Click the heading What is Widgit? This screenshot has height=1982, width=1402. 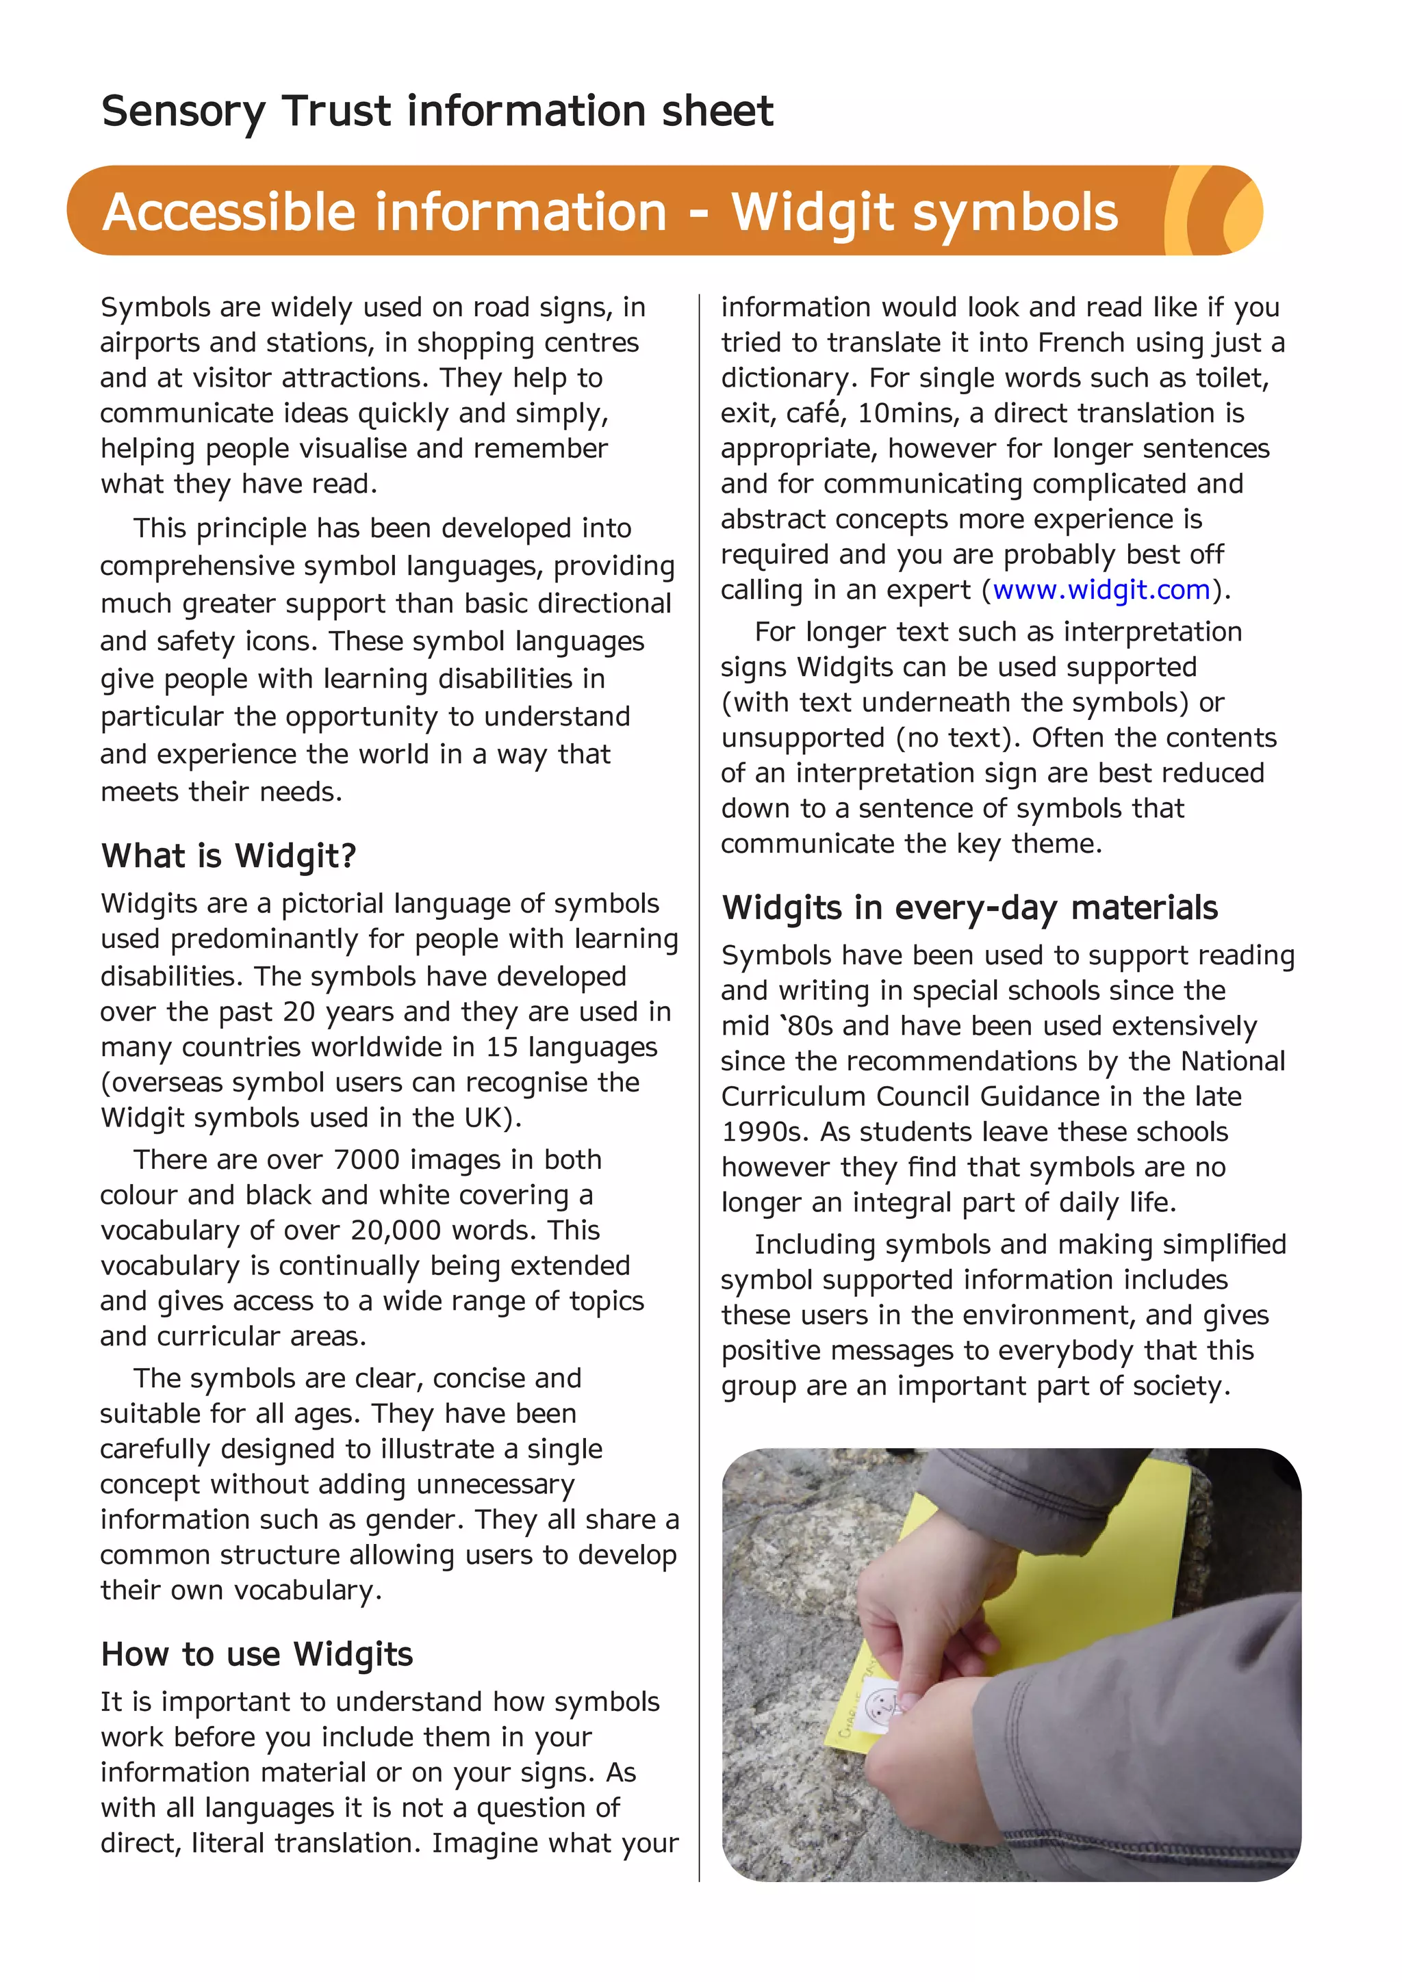click(229, 855)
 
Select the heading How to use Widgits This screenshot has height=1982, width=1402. click(257, 1654)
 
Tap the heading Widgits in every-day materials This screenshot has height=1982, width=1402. click(969, 908)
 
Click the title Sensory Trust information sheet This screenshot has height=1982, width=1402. click(437, 112)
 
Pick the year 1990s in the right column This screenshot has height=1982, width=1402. click(763, 1132)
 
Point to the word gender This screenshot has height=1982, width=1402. click(416, 1519)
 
